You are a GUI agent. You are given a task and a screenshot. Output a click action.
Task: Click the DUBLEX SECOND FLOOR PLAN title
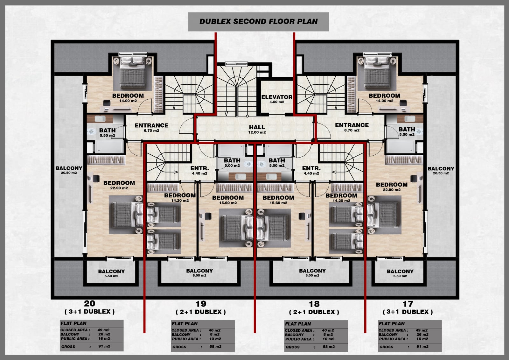(x=258, y=21)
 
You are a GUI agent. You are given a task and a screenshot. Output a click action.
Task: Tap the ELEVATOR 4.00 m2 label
(x=277, y=99)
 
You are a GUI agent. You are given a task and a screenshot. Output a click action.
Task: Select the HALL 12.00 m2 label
(x=257, y=130)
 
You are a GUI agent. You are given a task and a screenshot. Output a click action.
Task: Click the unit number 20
(x=89, y=303)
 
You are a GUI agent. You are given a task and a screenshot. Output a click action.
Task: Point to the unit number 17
(x=408, y=304)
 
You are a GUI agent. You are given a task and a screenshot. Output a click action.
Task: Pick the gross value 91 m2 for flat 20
(x=104, y=346)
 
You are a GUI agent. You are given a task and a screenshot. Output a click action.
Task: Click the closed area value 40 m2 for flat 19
(x=214, y=330)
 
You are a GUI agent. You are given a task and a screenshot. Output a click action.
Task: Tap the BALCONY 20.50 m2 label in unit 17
(x=441, y=170)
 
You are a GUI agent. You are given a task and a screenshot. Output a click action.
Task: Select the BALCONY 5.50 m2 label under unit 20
(x=111, y=273)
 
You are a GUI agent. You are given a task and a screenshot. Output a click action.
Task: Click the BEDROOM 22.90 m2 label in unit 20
(x=119, y=185)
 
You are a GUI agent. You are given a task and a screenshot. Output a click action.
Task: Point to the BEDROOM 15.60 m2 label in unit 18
(x=278, y=200)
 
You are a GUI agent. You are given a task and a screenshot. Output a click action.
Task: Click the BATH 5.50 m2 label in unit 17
(x=407, y=131)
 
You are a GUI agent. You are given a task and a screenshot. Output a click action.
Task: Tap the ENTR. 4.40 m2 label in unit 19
(x=199, y=170)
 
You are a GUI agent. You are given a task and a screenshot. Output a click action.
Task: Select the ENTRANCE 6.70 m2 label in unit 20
(x=151, y=128)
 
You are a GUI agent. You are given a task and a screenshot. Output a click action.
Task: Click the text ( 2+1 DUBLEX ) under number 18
(x=314, y=312)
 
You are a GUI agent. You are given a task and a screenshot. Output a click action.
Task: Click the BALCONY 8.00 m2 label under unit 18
(x=312, y=273)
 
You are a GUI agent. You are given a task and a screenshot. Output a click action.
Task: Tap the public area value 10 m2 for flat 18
(x=329, y=339)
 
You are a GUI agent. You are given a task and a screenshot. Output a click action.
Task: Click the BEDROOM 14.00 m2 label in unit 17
(x=385, y=98)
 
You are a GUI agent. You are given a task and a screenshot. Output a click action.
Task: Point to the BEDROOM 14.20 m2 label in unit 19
(x=180, y=197)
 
